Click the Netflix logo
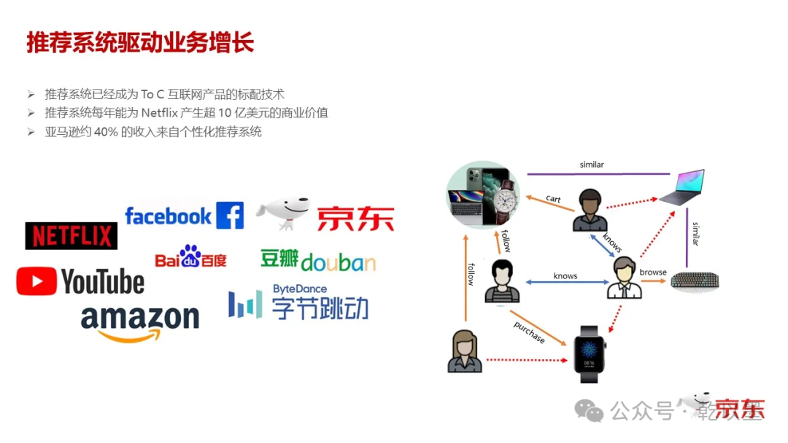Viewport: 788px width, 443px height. click(71, 235)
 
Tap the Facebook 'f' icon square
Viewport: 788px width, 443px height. click(230, 216)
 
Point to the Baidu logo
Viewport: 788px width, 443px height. click(190, 257)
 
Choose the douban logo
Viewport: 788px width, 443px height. click(318, 261)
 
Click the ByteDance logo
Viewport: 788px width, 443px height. click(298, 302)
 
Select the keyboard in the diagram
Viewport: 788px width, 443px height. click(695, 281)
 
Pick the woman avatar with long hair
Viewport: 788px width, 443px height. click(464, 351)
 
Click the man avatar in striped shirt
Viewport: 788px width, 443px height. click(502, 281)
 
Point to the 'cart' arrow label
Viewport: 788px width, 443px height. click(553, 198)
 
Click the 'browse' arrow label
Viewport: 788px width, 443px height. click(653, 273)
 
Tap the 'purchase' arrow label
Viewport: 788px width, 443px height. click(528, 331)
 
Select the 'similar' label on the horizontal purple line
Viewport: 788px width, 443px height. click(592, 165)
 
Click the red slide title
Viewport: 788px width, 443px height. click(140, 42)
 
